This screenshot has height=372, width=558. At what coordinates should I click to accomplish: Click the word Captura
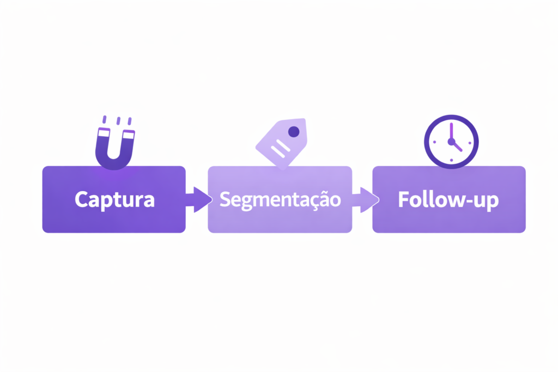tap(114, 199)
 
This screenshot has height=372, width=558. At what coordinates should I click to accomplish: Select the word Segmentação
tap(280, 199)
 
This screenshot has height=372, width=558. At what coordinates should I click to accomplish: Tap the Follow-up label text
tap(448, 199)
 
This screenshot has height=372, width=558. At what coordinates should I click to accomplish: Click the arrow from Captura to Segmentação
tap(199, 199)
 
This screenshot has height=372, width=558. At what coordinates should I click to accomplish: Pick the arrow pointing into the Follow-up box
tap(365, 199)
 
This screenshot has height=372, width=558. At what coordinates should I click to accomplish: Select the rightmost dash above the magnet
tap(129, 120)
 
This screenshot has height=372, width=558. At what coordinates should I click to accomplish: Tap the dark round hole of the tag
tap(294, 131)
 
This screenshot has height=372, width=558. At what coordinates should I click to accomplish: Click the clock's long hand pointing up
tap(451, 131)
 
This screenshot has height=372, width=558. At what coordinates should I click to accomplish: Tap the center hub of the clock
tap(451, 141)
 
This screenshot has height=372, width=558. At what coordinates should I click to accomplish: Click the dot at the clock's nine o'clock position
tap(434, 141)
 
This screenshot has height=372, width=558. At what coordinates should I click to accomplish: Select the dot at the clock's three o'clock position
tap(469, 141)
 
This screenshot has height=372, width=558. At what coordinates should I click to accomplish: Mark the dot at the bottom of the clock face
tap(451, 158)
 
